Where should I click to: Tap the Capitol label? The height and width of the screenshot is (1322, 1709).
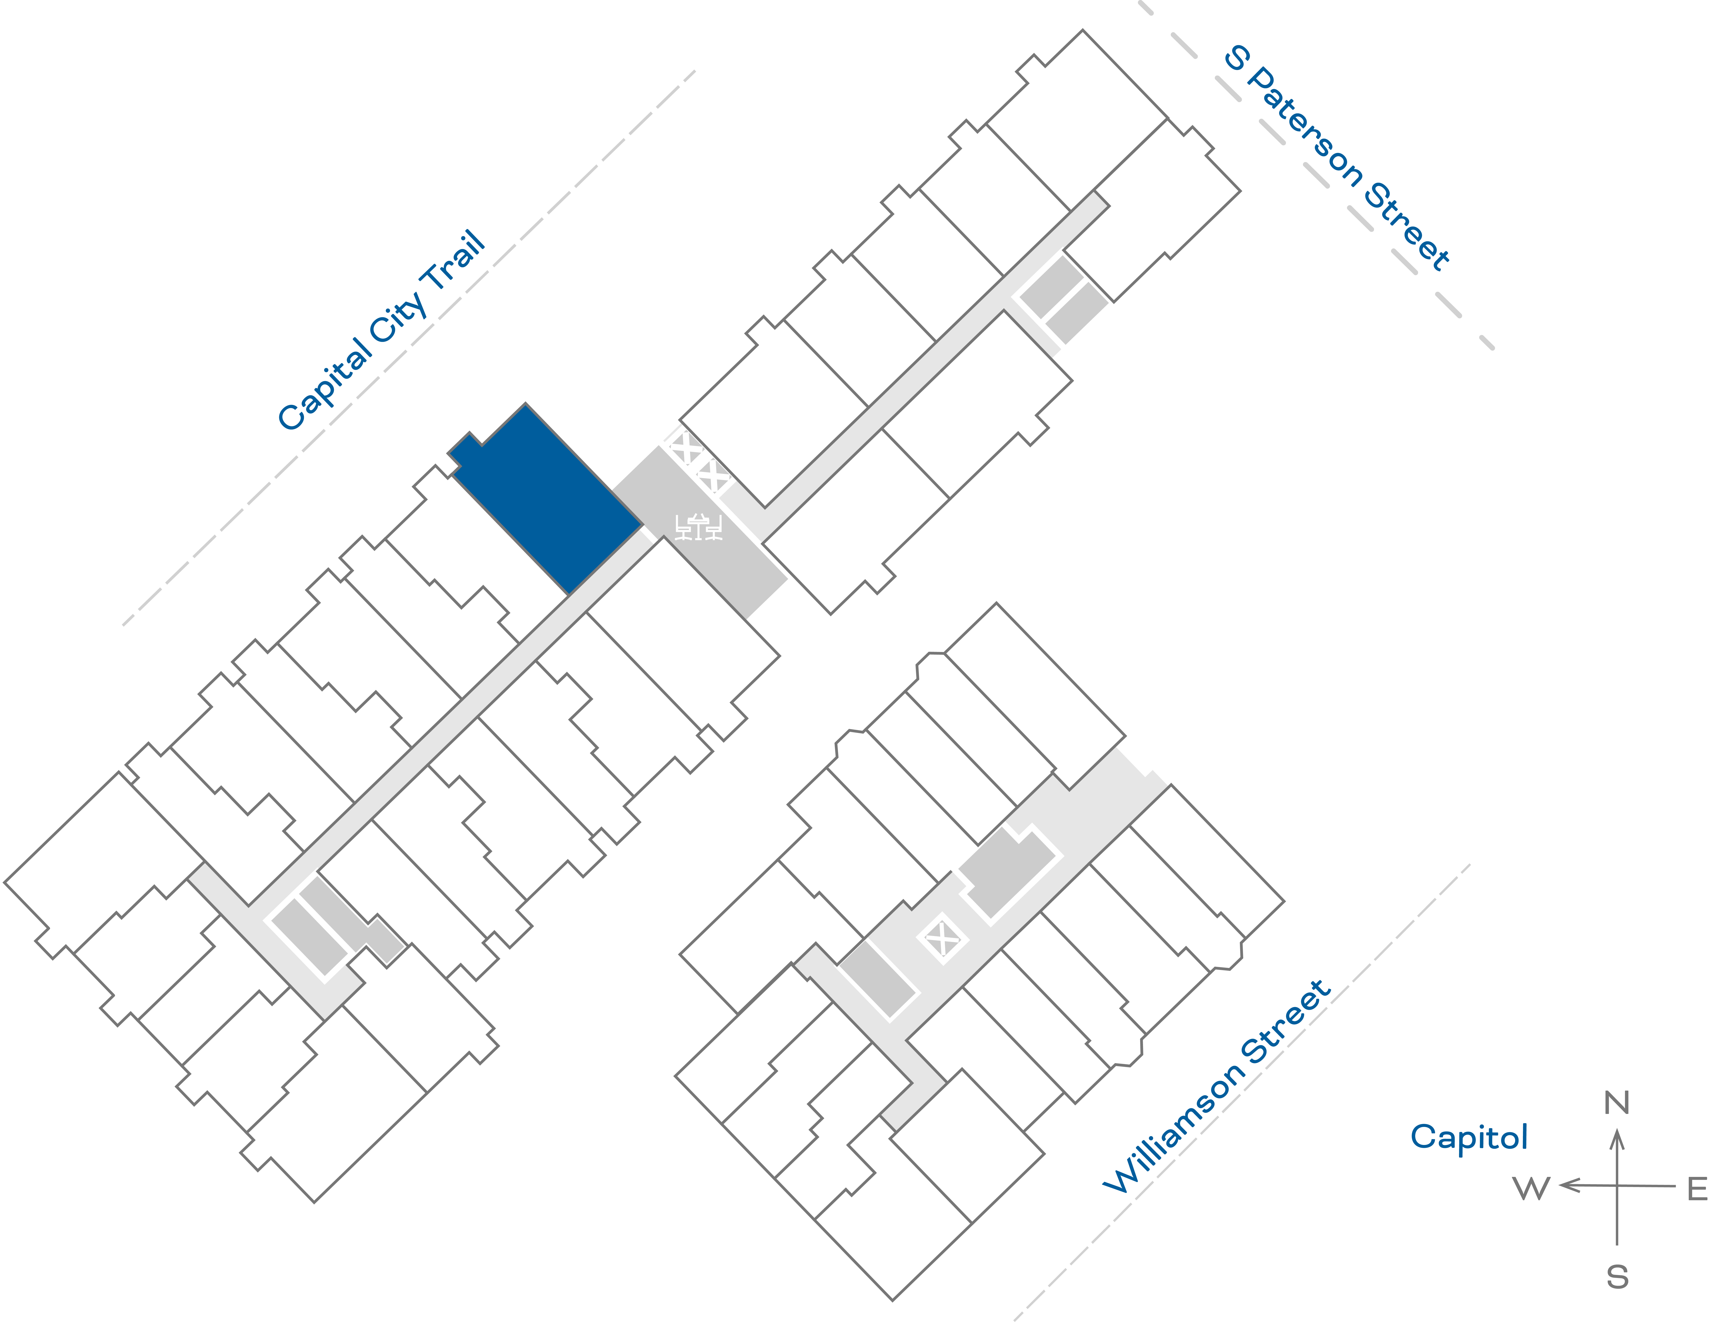tap(1469, 1137)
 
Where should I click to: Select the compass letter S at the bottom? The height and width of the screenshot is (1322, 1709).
tap(1617, 1277)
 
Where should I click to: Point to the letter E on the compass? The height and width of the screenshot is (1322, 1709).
tap(1696, 1189)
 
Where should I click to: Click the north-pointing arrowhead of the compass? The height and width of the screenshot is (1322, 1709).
tap(1617, 1136)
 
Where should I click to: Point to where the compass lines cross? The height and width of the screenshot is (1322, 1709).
tap(1617, 1186)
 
